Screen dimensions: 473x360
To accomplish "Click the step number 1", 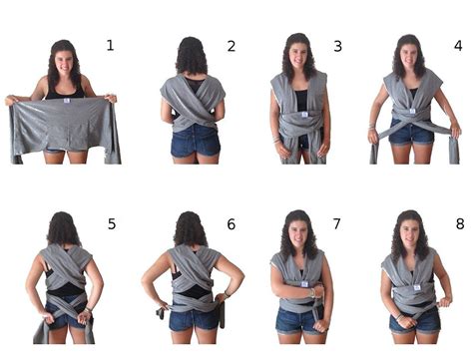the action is coord(110,45).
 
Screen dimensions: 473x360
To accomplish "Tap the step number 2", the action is coord(232,46).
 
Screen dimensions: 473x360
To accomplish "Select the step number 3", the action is coord(337,46).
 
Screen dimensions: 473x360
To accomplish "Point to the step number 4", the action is coord(458,46).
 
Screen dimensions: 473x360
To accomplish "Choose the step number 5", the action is coord(112,224).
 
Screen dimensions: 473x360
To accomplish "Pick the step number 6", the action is coord(232,224).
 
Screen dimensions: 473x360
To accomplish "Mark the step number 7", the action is coord(337,223).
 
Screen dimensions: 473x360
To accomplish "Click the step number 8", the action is coord(460,224).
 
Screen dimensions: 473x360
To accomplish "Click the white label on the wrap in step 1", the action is coord(67,101).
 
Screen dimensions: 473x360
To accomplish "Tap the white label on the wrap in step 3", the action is coord(304,115).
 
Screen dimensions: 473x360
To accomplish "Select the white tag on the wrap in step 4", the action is coord(412,111).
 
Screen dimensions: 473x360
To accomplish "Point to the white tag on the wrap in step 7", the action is coord(304,284).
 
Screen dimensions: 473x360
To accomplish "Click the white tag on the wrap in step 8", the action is coord(416,287).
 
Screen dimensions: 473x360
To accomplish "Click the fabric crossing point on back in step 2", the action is coord(194,112).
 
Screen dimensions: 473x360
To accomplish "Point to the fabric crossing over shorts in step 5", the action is coord(67,308).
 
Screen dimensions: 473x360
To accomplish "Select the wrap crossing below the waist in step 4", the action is coord(412,124).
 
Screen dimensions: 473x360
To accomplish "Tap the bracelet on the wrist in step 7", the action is coord(312,293).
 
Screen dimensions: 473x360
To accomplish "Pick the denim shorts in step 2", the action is coord(196,141).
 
